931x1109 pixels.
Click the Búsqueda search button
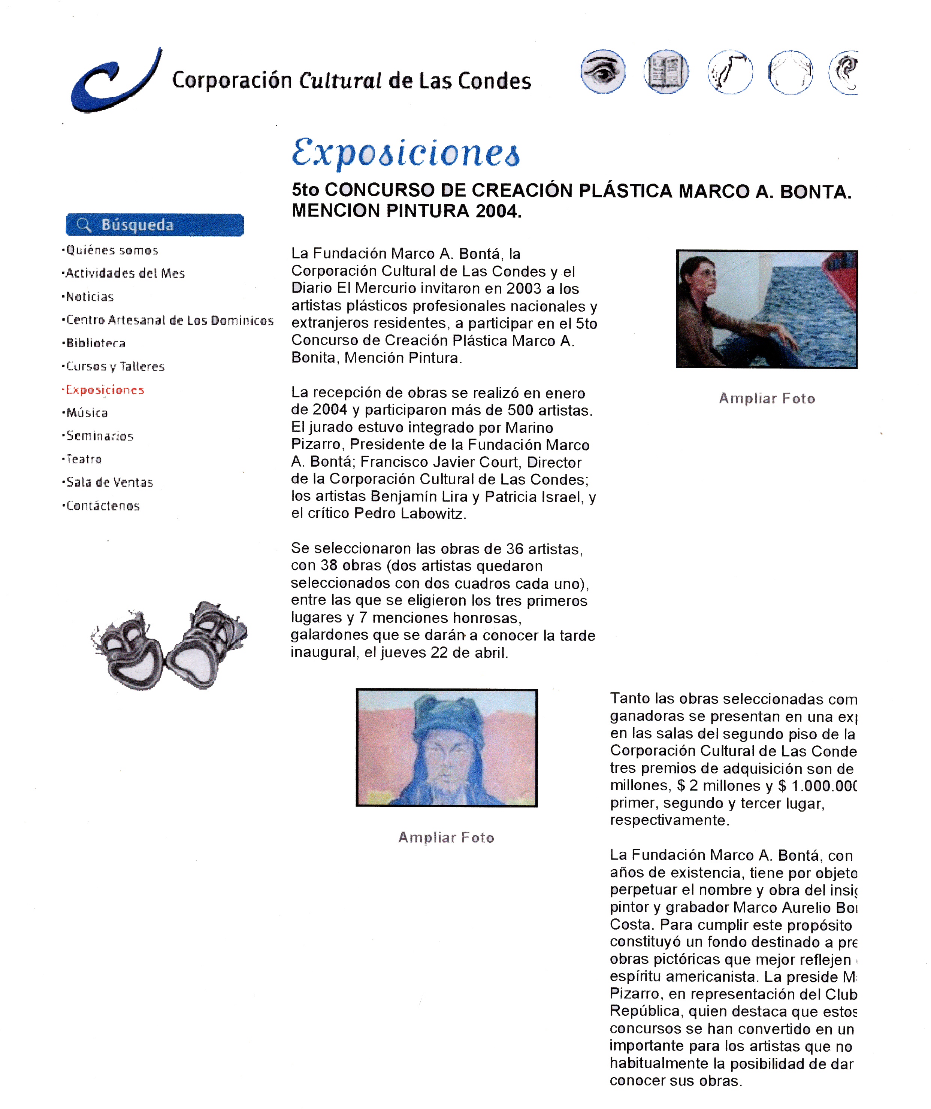tap(154, 225)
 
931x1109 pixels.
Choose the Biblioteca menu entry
tap(96, 343)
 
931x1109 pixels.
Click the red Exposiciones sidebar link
tap(105, 390)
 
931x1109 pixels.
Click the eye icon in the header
tap(603, 72)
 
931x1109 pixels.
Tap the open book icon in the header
tap(666, 72)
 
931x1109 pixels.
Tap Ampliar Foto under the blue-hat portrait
tap(447, 837)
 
